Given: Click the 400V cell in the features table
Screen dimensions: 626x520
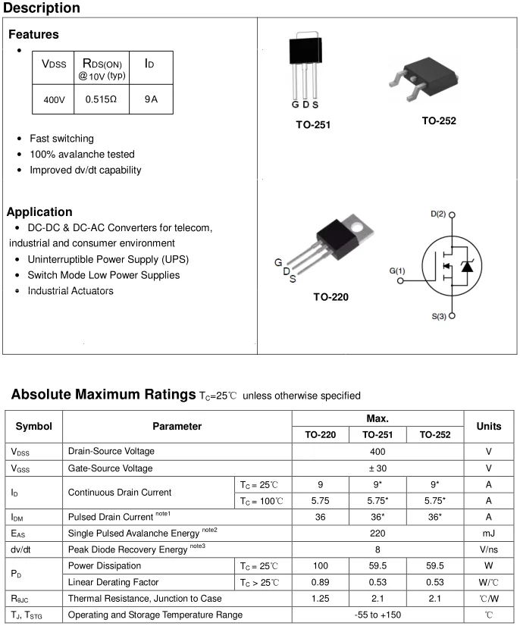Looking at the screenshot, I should [53, 99].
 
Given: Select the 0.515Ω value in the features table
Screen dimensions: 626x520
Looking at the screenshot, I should [101, 99].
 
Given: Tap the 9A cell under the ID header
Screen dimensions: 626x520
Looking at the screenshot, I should [150, 99].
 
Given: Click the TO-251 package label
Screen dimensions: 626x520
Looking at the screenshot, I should [313, 124].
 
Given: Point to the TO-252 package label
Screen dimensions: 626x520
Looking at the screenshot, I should [439, 120].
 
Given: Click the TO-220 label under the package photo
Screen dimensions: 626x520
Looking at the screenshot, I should [331, 297].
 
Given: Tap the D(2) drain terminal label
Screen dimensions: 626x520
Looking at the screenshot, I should [438, 214].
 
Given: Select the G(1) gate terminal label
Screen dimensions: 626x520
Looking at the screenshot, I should [396, 271].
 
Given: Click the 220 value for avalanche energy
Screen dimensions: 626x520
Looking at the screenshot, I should [377, 534].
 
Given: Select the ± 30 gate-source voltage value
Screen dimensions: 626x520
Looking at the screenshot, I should [377, 468].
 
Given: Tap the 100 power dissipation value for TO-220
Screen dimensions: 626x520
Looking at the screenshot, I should [321, 566].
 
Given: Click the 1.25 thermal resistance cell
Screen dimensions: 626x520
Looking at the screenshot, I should [321, 599].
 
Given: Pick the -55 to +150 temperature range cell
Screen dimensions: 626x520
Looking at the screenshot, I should [377, 615].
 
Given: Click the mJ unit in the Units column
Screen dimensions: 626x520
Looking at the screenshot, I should [489, 534].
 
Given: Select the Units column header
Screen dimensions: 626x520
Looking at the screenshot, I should [489, 427].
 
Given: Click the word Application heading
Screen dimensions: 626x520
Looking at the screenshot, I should [39, 212].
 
